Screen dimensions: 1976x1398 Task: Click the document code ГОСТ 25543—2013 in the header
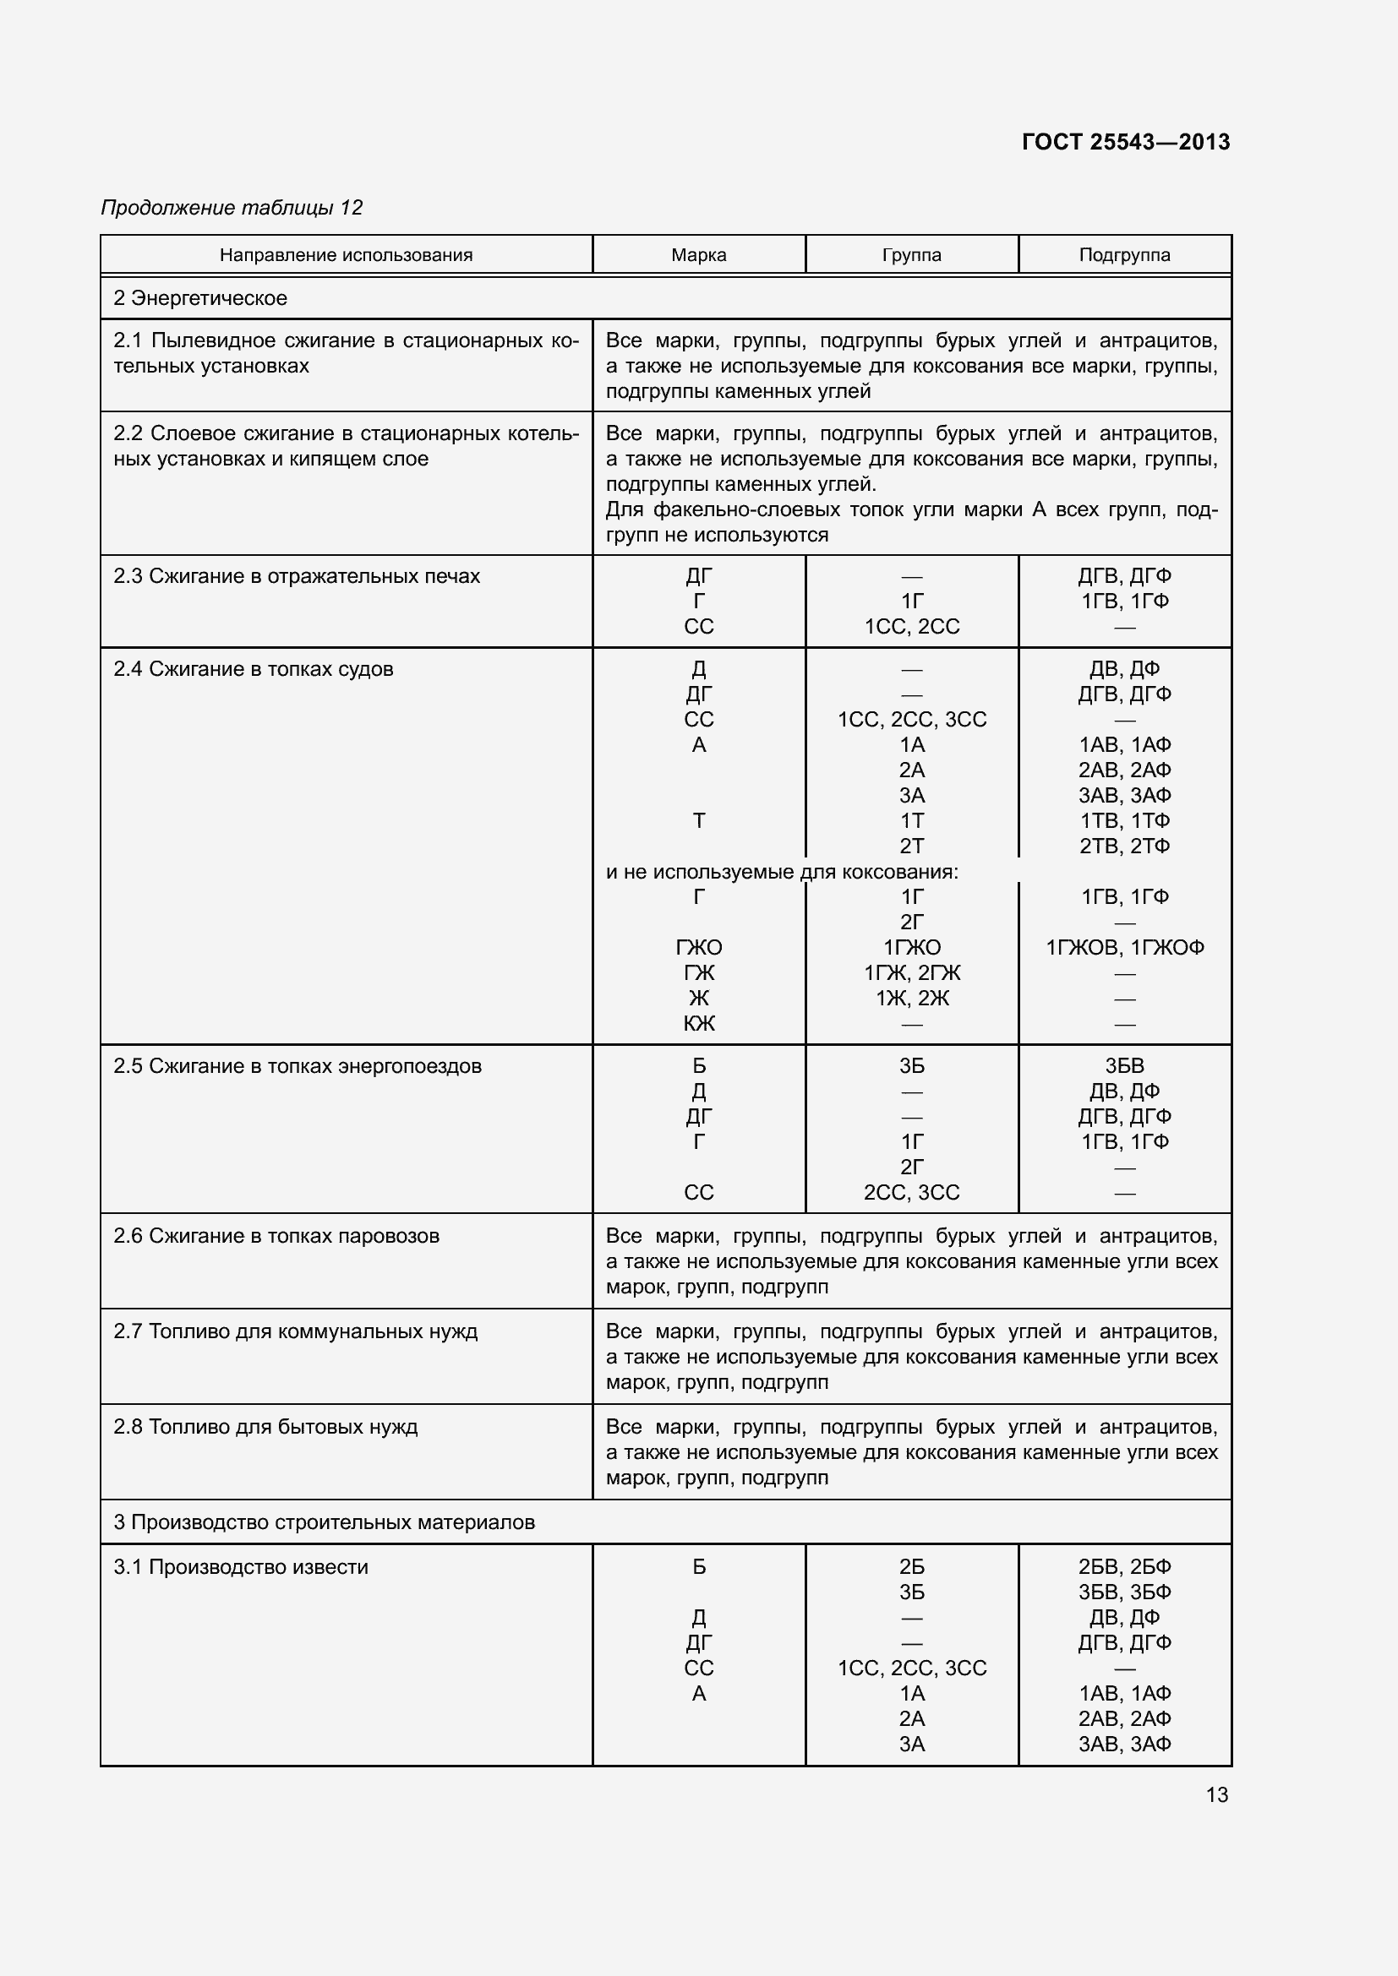(x=1125, y=142)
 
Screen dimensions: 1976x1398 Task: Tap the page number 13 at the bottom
(x=1216, y=1794)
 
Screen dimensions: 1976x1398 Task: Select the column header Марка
(x=698, y=255)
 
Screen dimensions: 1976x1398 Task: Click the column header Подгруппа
(x=1124, y=255)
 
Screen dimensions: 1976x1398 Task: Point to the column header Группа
(x=912, y=255)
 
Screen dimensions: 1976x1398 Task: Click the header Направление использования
(x=346, y=255)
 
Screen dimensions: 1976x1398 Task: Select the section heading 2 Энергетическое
(x=200, y=297)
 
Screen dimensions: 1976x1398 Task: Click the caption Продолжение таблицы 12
(x=232, y=208)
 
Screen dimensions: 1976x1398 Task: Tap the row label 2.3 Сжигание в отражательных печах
(x=296, y=576)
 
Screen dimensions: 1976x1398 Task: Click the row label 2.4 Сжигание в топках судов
(x=253, y=669)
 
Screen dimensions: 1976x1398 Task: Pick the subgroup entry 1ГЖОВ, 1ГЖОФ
(x=1124, y=947)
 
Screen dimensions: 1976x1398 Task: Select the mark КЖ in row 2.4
(x=698, y=1023)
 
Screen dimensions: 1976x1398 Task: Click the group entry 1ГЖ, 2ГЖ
(x=912, y=972)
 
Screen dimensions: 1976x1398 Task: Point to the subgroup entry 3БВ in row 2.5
(x=1124, y=1065)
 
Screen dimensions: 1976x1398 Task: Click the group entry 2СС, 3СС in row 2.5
(x=912, y=1192)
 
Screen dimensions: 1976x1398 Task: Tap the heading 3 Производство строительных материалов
(x=324, y=1521)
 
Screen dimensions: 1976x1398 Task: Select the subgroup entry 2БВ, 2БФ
(x=1124, y=1566)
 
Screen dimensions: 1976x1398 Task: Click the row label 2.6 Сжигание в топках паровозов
(x=276, y=1236)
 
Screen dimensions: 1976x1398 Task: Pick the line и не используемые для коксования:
(x=782, y=872)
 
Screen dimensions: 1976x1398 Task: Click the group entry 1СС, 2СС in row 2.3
(x=912, y=627)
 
